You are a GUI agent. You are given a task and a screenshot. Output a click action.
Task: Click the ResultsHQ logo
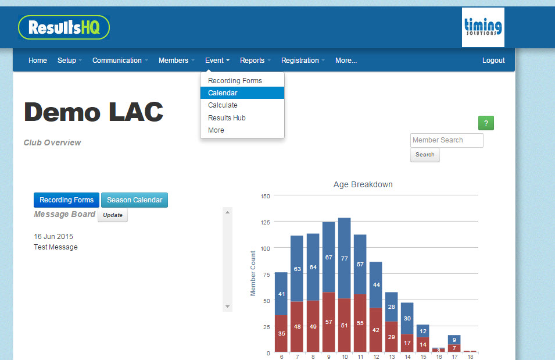point(64,27)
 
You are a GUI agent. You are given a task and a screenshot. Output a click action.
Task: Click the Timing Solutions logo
point(483,27)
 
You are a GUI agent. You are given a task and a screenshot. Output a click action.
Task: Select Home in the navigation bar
point(38,60)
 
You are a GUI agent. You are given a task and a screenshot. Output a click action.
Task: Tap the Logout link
point(493,60)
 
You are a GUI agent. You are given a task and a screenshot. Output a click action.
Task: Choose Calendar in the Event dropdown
point(223,93)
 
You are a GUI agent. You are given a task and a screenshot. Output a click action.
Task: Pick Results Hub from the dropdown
point(227,118)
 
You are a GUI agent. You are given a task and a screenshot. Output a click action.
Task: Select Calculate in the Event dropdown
point(223,105)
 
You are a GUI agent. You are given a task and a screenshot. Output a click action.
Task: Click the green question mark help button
point(486,123)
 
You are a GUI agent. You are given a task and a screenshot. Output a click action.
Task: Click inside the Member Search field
point(446,140)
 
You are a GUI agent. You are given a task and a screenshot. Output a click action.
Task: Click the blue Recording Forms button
point(66,200)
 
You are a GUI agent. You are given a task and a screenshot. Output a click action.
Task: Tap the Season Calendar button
point(134,200)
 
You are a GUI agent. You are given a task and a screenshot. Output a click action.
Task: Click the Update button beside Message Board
point(113,215)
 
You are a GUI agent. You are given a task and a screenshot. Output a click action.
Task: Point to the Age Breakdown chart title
point(363,184)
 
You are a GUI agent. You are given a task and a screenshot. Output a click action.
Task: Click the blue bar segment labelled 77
point(344,258)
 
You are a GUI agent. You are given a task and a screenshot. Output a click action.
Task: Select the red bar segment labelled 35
point(281,333)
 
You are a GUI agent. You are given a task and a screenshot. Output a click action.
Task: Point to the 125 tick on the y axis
point(265,222)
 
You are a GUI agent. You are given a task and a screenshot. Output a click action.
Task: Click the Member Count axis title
point(253,273)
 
